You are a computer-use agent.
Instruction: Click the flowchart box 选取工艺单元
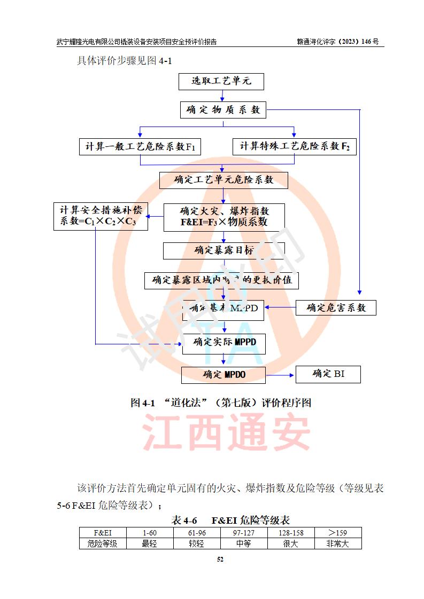[221, 81]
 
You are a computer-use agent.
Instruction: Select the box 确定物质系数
[223, 110]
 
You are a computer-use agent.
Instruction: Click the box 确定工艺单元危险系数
[223, 180]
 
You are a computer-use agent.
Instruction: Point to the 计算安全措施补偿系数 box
[101, 216]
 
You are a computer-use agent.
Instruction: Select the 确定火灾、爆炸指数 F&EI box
[224, 217]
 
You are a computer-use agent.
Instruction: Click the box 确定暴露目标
[223, 250]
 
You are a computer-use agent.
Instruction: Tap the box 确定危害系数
[336, 308]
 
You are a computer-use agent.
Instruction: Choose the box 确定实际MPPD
[224, 342]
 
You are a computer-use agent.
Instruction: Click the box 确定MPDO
[223, 375]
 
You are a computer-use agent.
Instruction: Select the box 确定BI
[328, 374]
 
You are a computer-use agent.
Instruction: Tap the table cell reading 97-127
[244, 533]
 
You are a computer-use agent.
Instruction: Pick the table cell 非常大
[338, 544]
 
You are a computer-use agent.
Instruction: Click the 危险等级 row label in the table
[103, 544]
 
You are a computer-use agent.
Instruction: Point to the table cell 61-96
[197, 533]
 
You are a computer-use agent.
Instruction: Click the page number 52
[219, 559]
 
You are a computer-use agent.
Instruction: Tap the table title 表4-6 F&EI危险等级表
[230, 520]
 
